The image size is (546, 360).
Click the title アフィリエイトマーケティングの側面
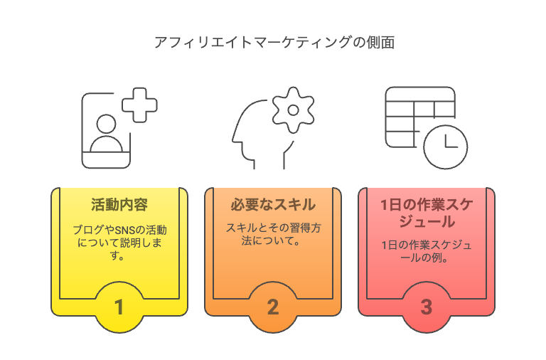[274, 43]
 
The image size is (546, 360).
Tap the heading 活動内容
[119, 205]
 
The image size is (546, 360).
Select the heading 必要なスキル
[273, 205]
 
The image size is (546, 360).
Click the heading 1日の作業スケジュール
[427, 213]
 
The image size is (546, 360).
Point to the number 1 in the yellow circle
[119, 307]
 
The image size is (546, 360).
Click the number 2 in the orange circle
[273, 307]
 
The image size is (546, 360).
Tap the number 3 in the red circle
[427, 307]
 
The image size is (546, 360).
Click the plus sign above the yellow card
[139, 105]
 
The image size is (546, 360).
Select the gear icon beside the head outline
[293, 110]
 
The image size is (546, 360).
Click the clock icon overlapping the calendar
[445, 147]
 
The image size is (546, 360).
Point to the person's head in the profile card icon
[106, 124]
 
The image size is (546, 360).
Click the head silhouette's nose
[234, 140]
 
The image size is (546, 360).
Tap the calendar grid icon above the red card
[420, 117]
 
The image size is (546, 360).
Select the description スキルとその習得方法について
[273, 234]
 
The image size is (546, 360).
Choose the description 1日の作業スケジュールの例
[427, 251]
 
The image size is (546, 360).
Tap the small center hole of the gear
[293, 110]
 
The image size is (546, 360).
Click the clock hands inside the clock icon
[451, 142]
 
